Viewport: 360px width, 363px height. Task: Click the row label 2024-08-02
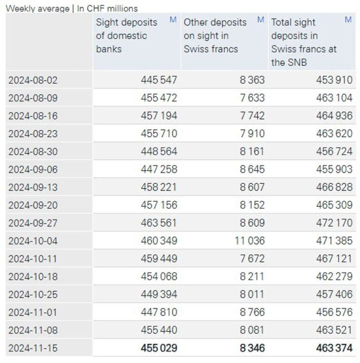click(x=33, y=80)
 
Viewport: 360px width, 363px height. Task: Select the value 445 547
click(x=159, y=80)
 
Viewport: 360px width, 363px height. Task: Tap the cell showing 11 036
click(x=249, y=241)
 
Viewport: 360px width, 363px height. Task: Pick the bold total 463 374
click(x=334, y=348)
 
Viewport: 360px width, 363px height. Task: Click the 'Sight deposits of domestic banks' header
click(x=121, y=36)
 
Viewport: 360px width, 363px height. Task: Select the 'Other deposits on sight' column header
click(x=215, y=36)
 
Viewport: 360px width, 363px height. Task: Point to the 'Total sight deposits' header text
click(x=304, y=42)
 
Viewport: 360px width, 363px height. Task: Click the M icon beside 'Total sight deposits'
click(x=348, y=20)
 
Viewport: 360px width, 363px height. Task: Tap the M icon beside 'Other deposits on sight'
click(x=261, y=20)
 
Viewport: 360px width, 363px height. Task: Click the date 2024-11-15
click(x=33, y=348)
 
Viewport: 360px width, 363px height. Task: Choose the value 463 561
click(x=159, y=223)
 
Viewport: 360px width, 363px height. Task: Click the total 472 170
click(x=334, y=223)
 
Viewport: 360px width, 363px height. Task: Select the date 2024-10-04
click(x=33, y=241)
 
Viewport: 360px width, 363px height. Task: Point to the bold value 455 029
click(x=159, y=348)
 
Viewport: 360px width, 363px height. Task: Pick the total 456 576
click(x=334, y=312)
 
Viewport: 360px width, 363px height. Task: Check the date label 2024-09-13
click(x=33, y=187)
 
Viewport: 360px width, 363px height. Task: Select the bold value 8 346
click(x=252, y=348)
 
